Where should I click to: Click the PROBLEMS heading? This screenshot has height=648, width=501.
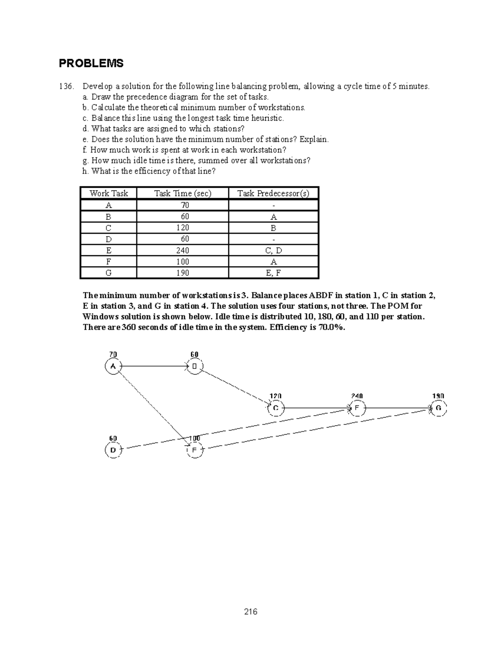[91, 63]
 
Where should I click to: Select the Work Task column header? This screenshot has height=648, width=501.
[109, 193]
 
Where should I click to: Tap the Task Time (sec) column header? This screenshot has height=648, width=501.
[182, 193]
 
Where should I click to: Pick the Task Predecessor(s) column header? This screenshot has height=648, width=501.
[273, 193]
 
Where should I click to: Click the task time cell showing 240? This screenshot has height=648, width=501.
[182, 250]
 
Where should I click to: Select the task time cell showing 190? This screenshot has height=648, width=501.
[182, 273]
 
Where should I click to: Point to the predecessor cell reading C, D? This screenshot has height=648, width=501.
[273, 250]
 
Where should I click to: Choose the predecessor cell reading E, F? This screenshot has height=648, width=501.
[273, 273]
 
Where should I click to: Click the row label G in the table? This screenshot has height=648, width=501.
[109, 273]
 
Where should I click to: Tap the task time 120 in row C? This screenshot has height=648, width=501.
[182, 228]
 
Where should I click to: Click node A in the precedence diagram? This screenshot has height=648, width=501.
[113, 367]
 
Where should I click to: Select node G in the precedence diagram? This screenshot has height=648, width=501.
[438, 408]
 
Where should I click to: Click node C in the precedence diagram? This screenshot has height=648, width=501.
[276, 408]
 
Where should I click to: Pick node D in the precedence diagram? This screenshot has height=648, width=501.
[113, 450]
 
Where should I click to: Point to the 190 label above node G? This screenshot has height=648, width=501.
[438, 396]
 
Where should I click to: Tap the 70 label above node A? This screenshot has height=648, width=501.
[113, 354]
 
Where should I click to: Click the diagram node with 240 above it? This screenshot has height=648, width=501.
[357, 408]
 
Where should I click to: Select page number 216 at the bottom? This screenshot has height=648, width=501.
[250, 612]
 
